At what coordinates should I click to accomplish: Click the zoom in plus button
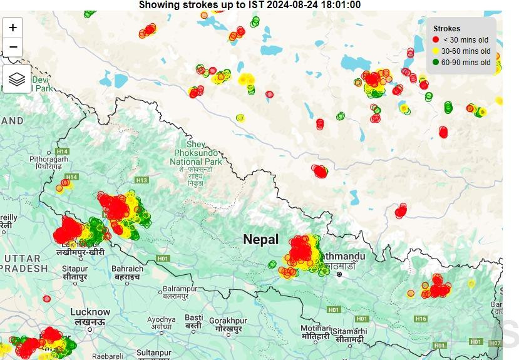(13, 28)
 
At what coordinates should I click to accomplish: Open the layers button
(17, 80)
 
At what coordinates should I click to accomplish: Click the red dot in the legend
(436, 39)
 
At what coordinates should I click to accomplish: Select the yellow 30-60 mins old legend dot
(436, 51)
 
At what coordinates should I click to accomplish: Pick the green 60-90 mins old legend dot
(436, 62)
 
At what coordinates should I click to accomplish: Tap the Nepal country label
(260, 239)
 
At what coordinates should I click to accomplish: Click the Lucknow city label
(90, 312)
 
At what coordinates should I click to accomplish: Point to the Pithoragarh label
(48, 159)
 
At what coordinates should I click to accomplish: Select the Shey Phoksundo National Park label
(195, 153)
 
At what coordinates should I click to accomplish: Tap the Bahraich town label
(127, 269)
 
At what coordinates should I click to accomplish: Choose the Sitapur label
(75, 269)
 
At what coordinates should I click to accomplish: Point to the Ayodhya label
(162, 319)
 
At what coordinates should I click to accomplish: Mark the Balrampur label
(180, 289)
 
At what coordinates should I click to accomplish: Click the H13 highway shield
(141, 180)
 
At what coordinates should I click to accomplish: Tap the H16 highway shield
(421, 319)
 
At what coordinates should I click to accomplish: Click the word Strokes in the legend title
(446, 28)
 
